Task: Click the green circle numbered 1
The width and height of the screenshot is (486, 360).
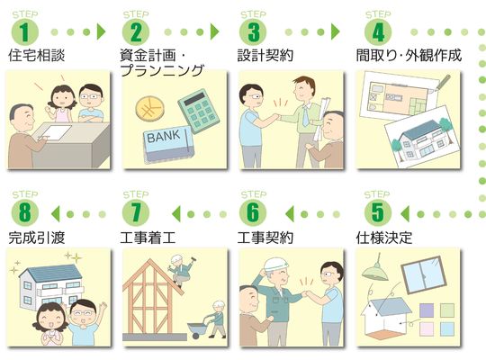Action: pos(25,31)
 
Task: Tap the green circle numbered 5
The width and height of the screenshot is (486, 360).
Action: pos(378,213)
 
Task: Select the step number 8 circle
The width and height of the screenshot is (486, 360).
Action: pos(25,213)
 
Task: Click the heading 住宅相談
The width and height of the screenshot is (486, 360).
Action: pos(37,56)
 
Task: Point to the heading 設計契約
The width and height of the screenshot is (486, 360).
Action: pos(265,56)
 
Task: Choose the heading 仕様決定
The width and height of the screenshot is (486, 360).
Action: pos(384,238)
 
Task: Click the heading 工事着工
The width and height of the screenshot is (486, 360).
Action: pos(148,238)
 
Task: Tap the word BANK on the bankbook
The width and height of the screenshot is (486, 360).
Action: pos(163,136)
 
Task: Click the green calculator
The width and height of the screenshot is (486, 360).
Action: pos(199,111)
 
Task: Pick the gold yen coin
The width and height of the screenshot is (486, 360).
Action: pos(150,109)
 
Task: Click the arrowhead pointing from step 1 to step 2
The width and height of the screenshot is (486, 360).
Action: pos(101,31)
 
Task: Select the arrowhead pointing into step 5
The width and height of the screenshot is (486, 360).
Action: pos(404,213)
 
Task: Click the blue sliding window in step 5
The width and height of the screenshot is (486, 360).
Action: pos(424,274)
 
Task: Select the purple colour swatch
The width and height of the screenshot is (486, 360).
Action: pos(427,310)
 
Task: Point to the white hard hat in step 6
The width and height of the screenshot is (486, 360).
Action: pos(275,265)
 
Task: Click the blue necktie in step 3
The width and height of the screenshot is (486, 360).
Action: pos(306,116)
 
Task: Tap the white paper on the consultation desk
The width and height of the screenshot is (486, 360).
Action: pos(56,132)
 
